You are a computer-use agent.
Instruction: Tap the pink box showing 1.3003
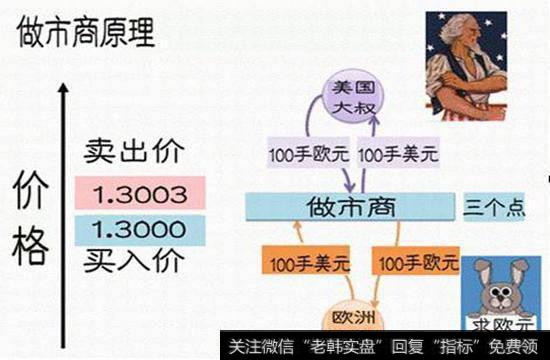(x=139, y=192)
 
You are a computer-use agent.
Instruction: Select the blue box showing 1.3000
(x=139, y=229)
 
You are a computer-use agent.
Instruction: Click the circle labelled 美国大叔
(x=354, y=98)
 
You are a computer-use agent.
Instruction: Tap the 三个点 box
(x=494, y=208)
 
